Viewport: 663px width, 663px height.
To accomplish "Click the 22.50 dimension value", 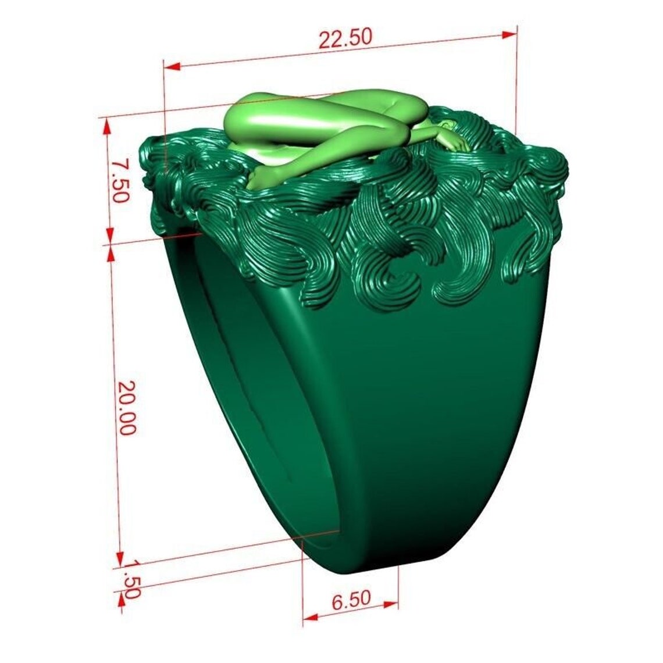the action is (345, 38).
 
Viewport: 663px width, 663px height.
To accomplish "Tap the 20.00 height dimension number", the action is (126, 408).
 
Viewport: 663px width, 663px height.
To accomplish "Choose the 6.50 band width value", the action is (351, 600).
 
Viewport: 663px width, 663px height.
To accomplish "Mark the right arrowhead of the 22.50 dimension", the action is (509, 35).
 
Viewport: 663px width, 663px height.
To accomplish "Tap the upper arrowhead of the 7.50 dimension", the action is (106, 126).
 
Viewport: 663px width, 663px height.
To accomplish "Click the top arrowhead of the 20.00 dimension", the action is (110, 253).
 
